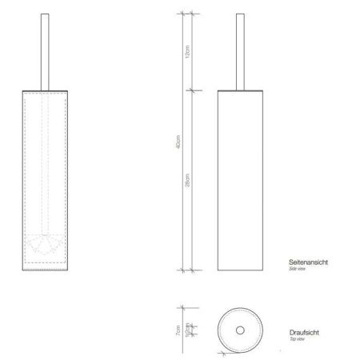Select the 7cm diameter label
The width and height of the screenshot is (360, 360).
(179, 330)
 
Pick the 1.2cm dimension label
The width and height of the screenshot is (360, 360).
(188, 329)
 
